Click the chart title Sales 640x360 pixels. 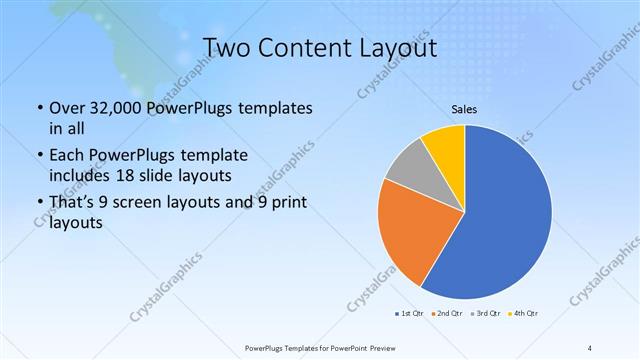click(x=463, y=109)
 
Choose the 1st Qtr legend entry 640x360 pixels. click(x=410, y=314)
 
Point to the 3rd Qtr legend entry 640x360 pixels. click(x=486, y=314)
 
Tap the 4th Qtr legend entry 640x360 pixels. click(x=525, y=314)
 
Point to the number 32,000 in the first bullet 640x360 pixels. click(x=109, y=107)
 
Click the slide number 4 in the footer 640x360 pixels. click(x=590, y=347)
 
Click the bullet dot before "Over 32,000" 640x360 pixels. click(x=39, y=108)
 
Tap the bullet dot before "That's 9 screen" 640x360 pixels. click(x=39, y=204)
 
